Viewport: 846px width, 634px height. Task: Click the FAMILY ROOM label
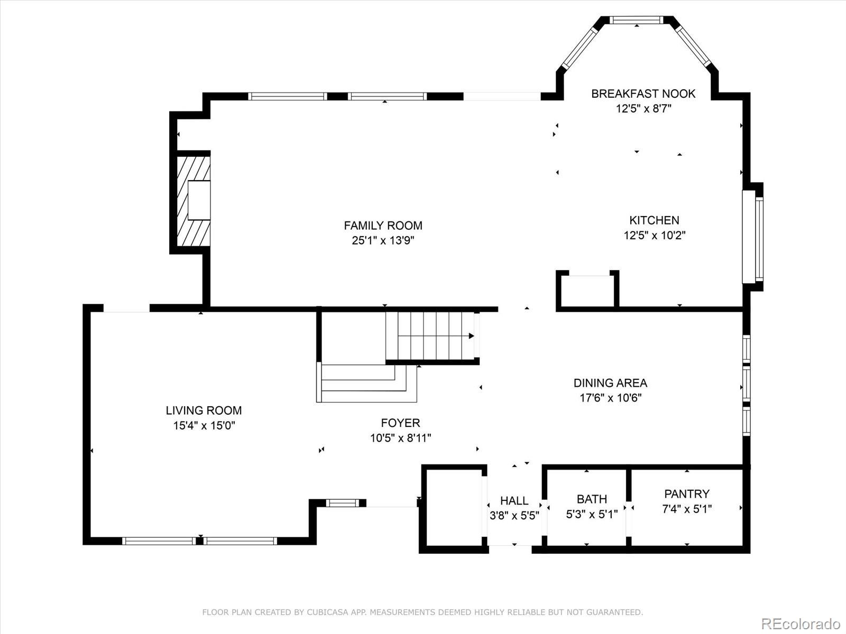point(383,225)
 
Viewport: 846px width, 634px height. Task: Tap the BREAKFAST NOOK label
point(643,94)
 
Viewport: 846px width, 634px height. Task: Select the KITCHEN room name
point(654,220)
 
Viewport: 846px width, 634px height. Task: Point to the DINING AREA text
point(610,383)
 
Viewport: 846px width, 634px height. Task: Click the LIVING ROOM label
point(204,411)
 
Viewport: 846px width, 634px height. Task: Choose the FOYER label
point(400,423)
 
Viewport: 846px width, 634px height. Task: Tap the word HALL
point(514,500)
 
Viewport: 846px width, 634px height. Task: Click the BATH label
point(592,499)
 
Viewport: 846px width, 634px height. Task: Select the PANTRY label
point(687,494)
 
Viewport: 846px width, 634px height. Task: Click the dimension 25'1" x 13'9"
point(383,240)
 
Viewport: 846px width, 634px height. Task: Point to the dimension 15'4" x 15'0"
point(204,425)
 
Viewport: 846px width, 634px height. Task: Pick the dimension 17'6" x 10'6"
point(611,398)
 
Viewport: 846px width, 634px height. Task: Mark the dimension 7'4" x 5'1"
point(687,509)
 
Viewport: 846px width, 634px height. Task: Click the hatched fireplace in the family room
point(194,201)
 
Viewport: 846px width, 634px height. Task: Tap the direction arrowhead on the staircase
point(471,336)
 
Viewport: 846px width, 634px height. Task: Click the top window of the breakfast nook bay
point(636,20)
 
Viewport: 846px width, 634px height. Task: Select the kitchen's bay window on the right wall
point(753,238)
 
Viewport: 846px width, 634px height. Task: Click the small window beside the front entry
point(343,503)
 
